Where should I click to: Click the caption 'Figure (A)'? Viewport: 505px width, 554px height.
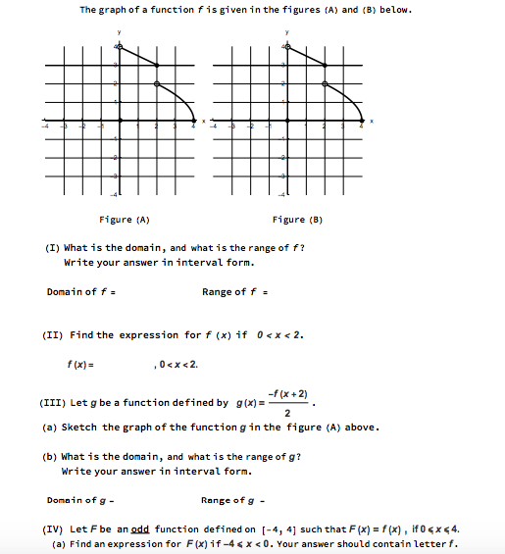coord(125,220)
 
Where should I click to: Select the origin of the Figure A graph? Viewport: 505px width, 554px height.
coord(119,122)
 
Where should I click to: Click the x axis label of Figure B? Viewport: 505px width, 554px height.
coord(372,122)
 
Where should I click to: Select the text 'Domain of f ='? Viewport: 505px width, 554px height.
coord(75,291)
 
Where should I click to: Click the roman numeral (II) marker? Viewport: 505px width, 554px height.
coord(55,334)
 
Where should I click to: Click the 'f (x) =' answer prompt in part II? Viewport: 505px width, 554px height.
coord(80,365)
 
